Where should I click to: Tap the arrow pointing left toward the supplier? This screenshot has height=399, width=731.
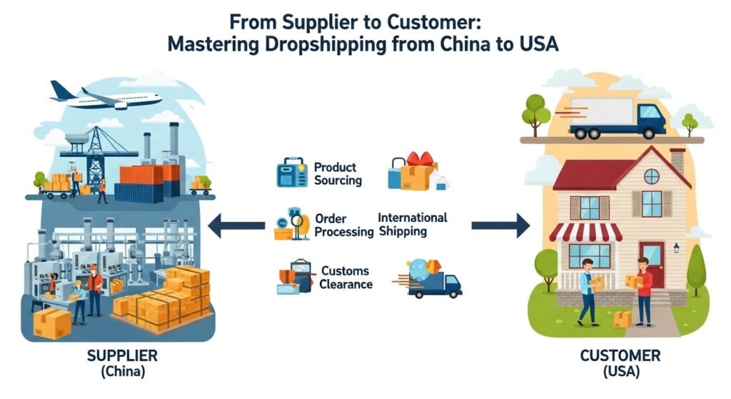click(236, 227)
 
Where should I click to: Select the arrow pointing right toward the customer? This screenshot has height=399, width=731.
click(500, 226)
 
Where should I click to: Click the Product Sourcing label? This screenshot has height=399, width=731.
click(338, 174)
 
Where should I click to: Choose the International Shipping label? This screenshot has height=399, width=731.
click(412, 224)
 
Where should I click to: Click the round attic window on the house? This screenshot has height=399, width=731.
click(651, 176)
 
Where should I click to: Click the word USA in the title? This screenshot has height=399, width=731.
click(538, 44)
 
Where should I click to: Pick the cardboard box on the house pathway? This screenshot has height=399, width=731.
click(622, 318)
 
